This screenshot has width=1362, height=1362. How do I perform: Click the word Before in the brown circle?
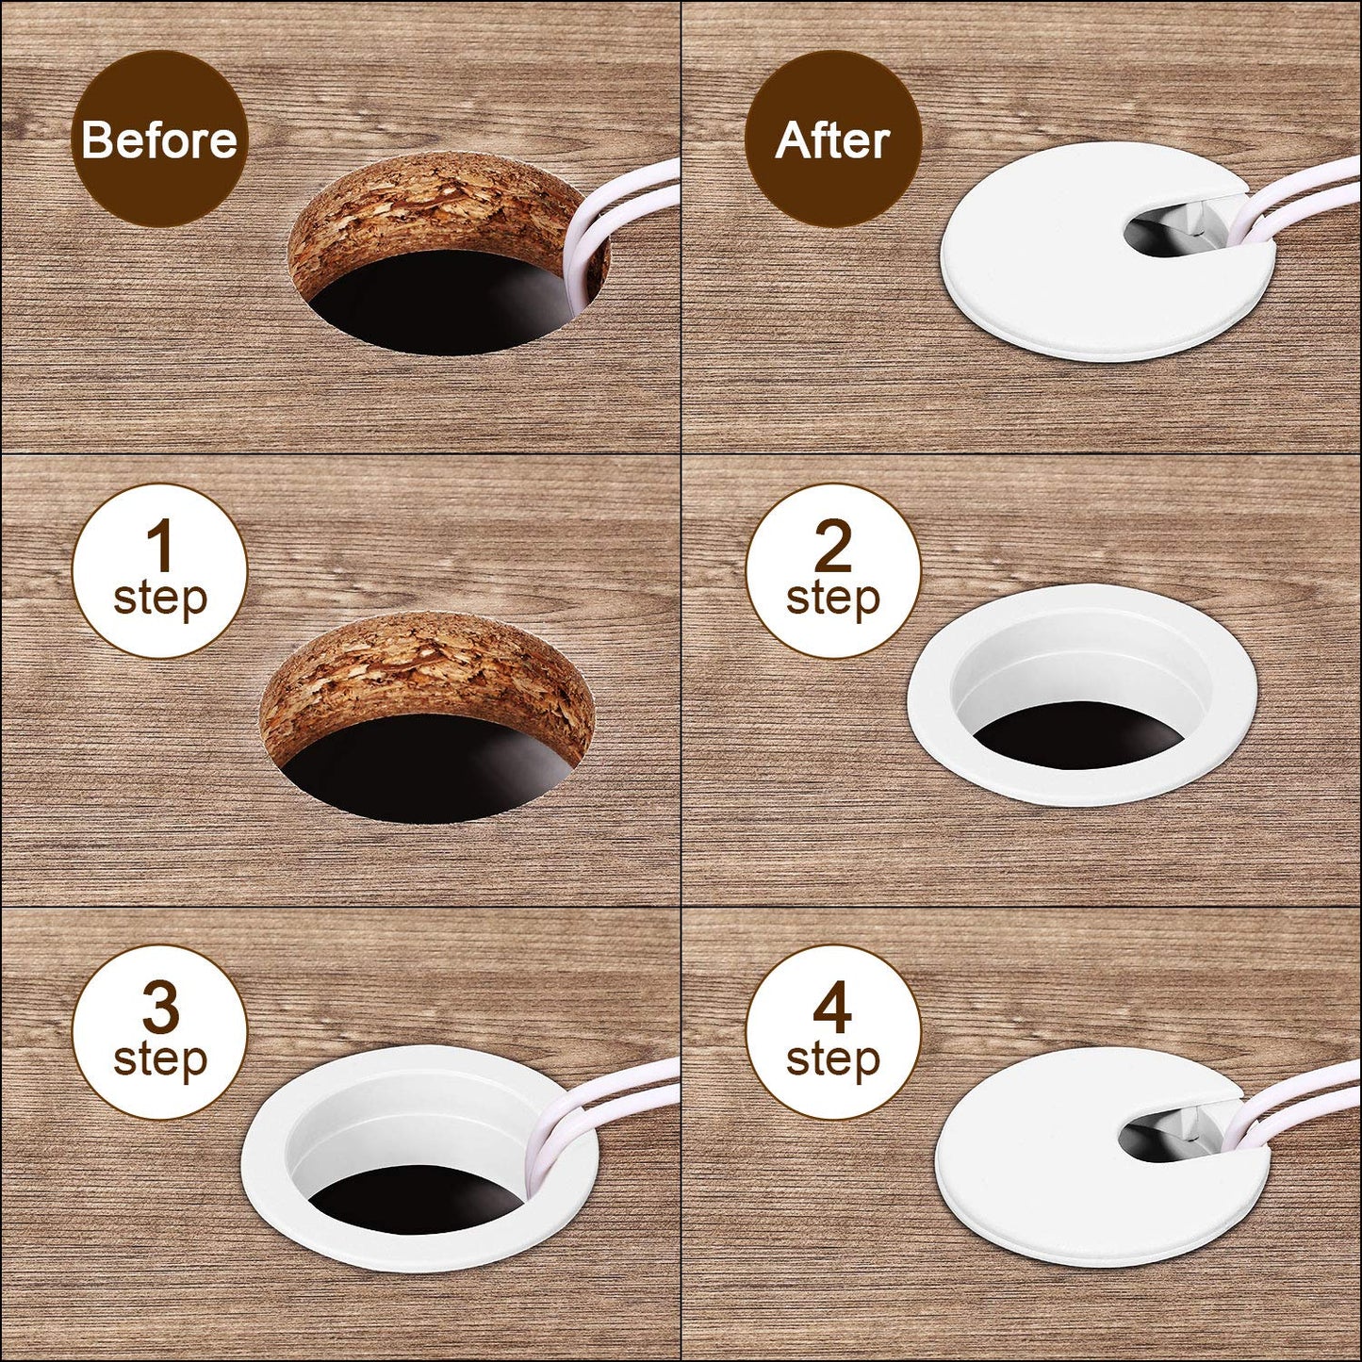(x=159, y=139)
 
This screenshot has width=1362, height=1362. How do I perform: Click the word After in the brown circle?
(x=832, y=140)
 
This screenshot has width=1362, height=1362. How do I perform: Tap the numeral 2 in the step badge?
(x=832, y=546)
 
